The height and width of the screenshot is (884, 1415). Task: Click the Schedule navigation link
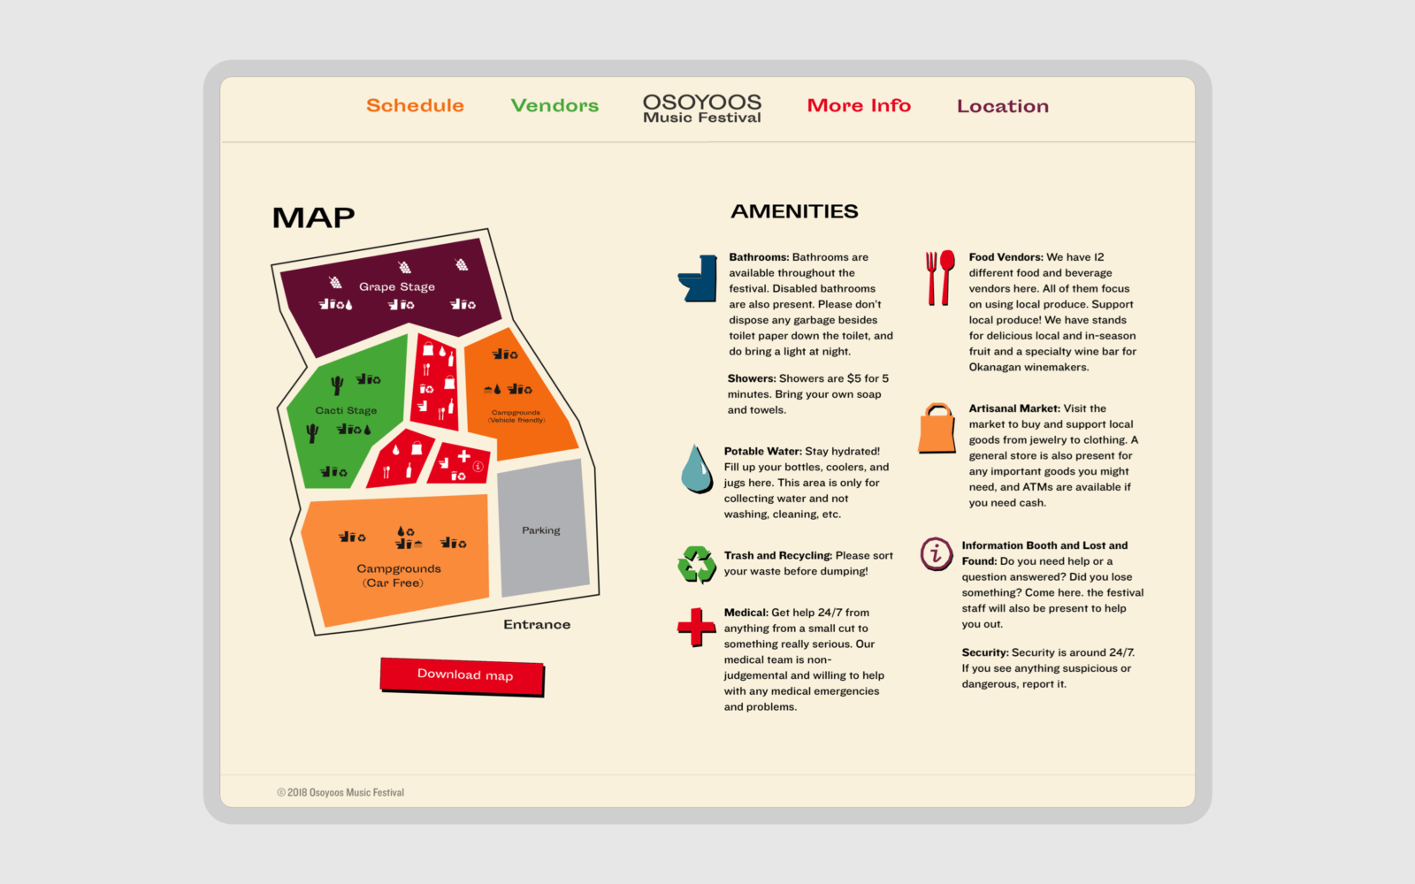point(415,105)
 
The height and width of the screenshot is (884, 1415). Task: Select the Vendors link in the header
point(555,105)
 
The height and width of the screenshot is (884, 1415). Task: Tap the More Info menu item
point(859,105)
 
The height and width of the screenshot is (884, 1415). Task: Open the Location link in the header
point(1002,106)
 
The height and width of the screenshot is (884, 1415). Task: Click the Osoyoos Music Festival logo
point(702,109)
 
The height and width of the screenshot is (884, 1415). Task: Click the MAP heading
point(313,217)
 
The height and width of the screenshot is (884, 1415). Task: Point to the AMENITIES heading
point(794,211)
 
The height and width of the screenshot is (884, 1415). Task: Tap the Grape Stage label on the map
point(397,286)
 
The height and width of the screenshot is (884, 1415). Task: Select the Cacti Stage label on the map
point(346,410)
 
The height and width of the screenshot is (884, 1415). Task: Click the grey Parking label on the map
point(541,530)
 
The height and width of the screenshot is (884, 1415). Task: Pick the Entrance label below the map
point(537,624)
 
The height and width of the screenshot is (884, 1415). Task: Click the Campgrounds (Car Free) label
point(398,575)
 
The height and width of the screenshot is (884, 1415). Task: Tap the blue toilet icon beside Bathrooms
point(698,278)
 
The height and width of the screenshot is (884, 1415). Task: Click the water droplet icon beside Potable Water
point(697,469)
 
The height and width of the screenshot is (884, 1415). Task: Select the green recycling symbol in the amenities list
point(697,564)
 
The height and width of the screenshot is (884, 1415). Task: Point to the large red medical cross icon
point(696,627)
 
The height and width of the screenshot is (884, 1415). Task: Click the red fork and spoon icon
point(940,278)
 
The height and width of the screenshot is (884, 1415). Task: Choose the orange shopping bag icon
point(937,429)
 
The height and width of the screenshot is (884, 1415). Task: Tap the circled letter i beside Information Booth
point(936,553)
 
